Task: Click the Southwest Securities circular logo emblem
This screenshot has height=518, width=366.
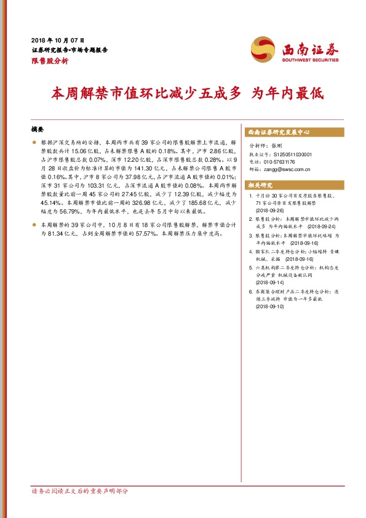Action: click(x=263, y=48)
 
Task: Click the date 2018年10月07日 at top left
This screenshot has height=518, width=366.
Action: click(x=58, y=39)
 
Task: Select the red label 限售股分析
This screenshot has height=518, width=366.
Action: click(x=49, y=62)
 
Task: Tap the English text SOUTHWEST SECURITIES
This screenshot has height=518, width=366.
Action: click(x=311, y=60)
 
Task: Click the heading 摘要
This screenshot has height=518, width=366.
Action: click(x=38, y=130)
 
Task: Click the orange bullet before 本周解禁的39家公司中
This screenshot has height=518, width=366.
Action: click(x=34, y=225)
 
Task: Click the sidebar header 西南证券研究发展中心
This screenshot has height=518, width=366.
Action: click(x=278, y=132)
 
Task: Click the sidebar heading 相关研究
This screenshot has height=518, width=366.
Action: click(x=260, y=185)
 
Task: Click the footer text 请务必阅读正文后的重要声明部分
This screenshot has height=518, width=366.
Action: click(x=81, y=492)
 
